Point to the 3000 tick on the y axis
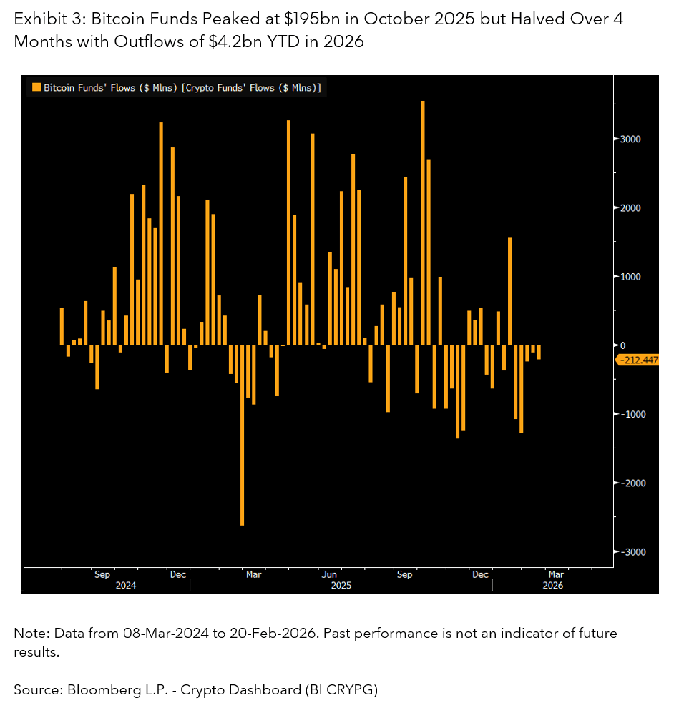[x=630, y=139]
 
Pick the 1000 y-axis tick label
[x=630, y=277]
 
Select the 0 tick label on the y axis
[x=622, y=345]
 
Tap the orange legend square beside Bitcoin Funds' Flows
[x=36, y=88]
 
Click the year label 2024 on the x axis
[x=126, y=585]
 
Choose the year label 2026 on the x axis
[x=553, y=585]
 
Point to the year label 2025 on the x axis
[x=340, y=585]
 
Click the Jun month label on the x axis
[x=329, y=574]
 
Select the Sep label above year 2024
[x=102, y=574]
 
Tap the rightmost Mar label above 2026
[x=556, y=574]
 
